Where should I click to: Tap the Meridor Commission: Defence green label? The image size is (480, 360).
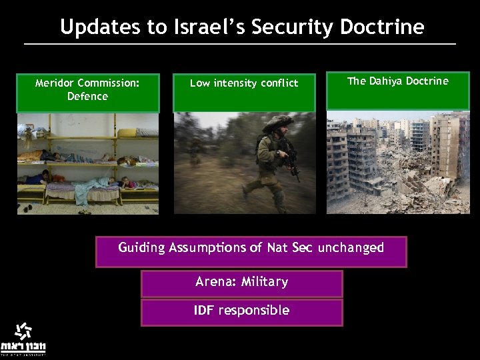pyautogui.click(x=87, y=92)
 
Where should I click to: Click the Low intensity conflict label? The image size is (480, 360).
pyautogui.click(x=244, y=92)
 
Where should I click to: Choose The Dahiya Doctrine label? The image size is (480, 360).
pyautogui.click(x=398, y=91)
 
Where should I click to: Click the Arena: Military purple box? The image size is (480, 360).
pyautogui.click(x=241, y=283)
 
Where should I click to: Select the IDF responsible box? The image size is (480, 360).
pyautogui.click(x=241, y=312)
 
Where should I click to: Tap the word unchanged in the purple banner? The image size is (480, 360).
pyautogui.click(x=351, y=247)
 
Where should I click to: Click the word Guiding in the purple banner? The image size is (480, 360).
pyautogui.click(x=141, y=247)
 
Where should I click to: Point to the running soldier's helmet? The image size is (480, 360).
pyautogui.click(x=278, y=123)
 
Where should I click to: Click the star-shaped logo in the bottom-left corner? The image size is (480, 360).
pyautogui.click(x=23, y=331)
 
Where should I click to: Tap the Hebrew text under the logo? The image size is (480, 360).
pyautogui.click(x=23, y=347)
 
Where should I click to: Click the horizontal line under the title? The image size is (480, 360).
pyautogui.click(x=240, y=44)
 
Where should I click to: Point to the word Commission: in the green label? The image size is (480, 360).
pyautogui.click(x=108, y=83)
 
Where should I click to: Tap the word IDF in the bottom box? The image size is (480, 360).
pyautogui.click(x=204, y=310)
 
